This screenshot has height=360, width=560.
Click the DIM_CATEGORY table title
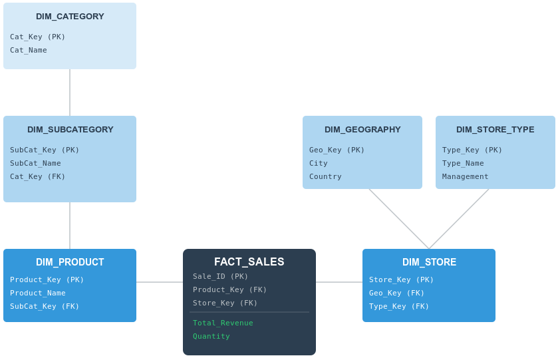[x=70, y=17]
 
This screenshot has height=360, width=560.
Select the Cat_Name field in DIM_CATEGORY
[x=29, y=51]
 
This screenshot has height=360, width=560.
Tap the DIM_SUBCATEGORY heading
[x=70, y=130]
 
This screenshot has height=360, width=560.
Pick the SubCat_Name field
[x=35, y=164]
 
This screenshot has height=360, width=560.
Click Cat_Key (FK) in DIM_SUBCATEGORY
[x=37, y=177]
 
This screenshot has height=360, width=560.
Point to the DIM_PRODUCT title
[x=70, y=262]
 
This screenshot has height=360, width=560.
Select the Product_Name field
[x=37, y=293]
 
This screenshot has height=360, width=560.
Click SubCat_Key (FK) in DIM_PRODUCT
[x=45, y=307]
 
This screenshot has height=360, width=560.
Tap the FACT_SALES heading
[x=249, y=262]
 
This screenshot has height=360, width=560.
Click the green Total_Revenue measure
[x=223, y=323]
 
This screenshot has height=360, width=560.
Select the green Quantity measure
[x=211, y=337]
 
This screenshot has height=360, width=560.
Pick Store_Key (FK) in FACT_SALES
[x=225, y=303]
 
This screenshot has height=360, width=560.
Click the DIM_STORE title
[x=429, y=262]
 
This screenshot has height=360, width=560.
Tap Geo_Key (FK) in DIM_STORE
[x=396, y=293]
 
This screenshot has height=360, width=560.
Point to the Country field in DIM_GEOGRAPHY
[x=325, y=177]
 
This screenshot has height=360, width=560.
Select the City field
[x=318, y=164]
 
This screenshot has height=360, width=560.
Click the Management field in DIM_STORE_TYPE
[x=465, y=177]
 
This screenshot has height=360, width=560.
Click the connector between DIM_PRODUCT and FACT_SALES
[x=160, y=282]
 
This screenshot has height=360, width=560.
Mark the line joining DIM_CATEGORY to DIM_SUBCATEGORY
[x=70, y=92]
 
